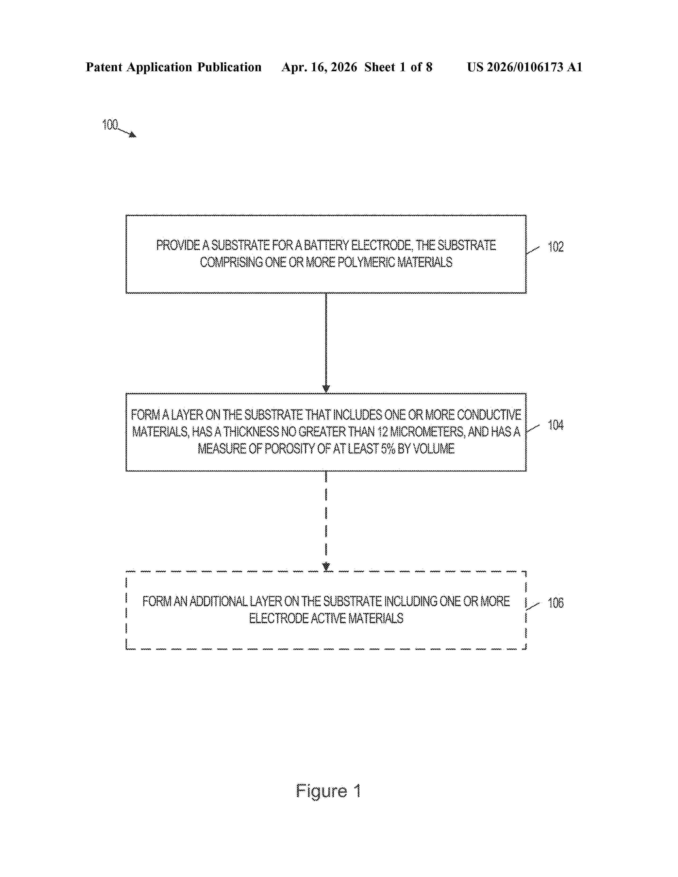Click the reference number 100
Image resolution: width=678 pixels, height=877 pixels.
point(110,125)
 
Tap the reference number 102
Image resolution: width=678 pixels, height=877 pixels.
point(555,247)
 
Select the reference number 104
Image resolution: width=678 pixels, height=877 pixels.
point(555,425)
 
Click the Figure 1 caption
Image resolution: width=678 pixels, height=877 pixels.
point(328,791)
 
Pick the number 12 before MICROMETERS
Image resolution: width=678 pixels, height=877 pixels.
point(382,432)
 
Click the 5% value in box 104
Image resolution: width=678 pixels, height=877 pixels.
point(388,449)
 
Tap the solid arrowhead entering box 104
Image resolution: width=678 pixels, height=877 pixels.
point(326,389)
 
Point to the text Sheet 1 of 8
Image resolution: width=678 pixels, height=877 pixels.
point(398,67)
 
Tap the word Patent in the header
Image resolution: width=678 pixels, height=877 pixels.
point(104,67)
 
